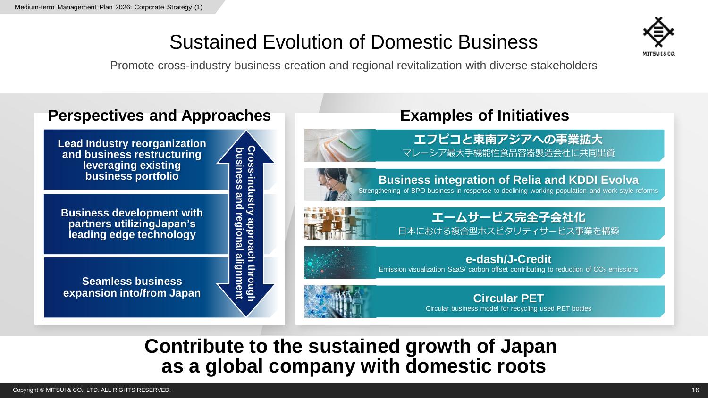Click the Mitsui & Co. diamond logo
(x=659, y=32)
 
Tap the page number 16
(x=695, y=390)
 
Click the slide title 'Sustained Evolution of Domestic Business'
(x=354, y=42)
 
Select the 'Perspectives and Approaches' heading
(x=160, y=115)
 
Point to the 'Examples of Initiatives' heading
(x=485, y=115)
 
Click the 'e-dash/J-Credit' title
(x=508, y=259)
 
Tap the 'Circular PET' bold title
(x=508, y=298)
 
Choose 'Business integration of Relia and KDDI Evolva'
(x=508, y=180)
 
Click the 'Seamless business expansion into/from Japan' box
(x=132, y=287)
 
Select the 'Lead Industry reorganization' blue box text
(x=132, y=159)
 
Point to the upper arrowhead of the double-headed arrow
(x=245, y=147)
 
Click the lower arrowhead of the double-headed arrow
(x=245, y=300)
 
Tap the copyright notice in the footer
(x=92, y=390)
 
